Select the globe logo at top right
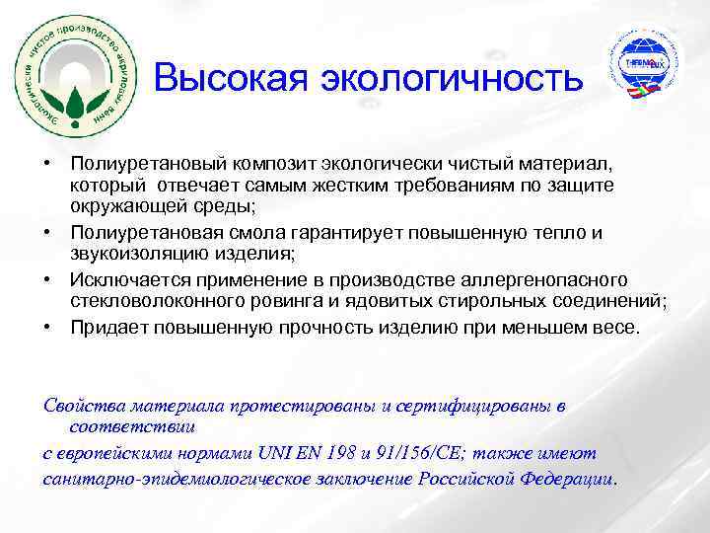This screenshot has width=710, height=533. [x=641, y=67]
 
